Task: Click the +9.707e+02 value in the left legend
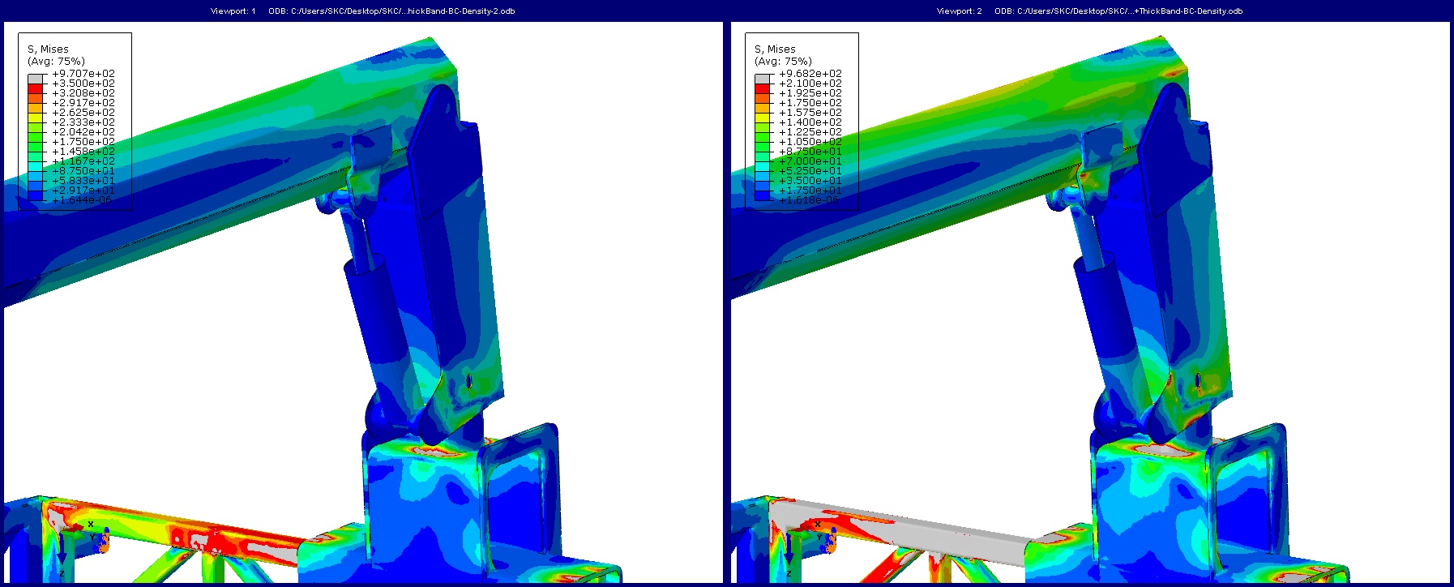[x=83, y=74]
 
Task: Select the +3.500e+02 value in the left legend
[x=83, y=84]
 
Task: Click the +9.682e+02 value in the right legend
[x=810, y=74]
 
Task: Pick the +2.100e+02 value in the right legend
[x=810, y=84]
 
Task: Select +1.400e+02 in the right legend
[x=810, y=122]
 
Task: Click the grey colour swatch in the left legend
[x=35, y=78]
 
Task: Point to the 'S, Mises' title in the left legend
[x=48, y=49]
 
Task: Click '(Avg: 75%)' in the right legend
[x=782, y=62]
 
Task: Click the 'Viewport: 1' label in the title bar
[x=233, y=11]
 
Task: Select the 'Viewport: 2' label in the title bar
[x=959, y=11]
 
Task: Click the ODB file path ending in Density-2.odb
[x=391, y=11]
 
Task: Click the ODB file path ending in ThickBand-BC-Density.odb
[x=1118, y=11]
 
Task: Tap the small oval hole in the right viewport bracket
[x=1198, y=380]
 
